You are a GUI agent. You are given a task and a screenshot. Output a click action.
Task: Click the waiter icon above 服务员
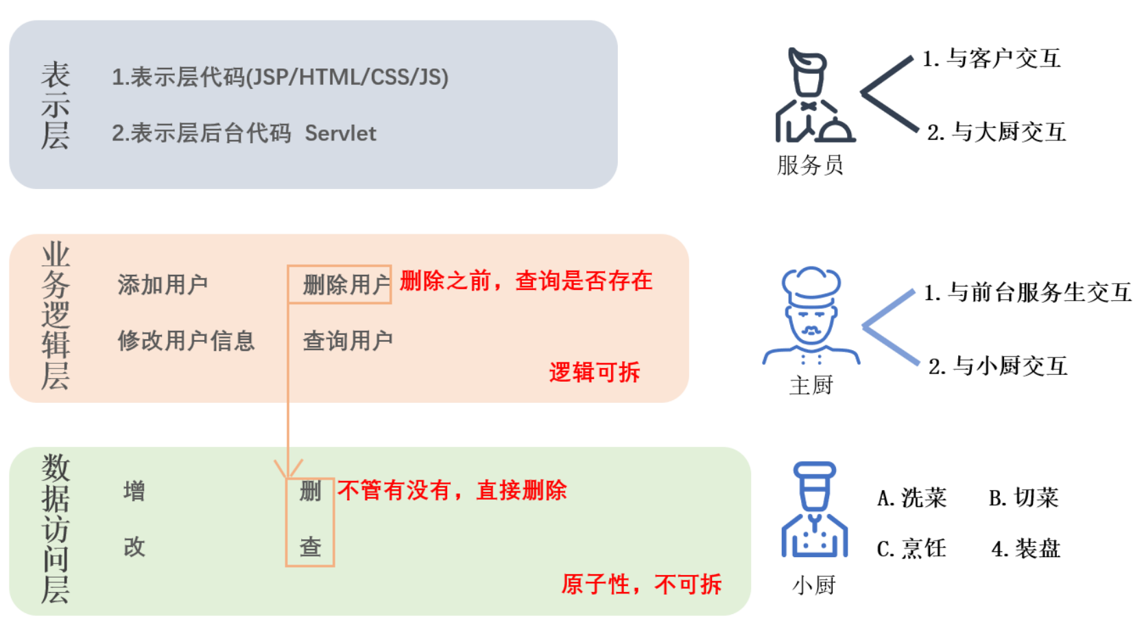point(814,95)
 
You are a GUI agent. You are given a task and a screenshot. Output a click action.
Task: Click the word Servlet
point(340,133)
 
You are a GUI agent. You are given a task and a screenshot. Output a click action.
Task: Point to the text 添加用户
point(163,284)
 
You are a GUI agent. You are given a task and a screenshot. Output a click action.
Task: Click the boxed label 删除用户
point(346,284)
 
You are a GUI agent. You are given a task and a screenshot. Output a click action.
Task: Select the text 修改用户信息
point(186,341)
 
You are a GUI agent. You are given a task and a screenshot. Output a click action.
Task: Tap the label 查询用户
point(348,341)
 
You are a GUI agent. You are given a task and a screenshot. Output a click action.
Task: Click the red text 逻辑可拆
point(594,372)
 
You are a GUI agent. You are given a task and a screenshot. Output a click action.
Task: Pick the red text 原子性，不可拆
point(641,584)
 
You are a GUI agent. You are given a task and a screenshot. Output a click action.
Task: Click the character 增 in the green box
point(134,491)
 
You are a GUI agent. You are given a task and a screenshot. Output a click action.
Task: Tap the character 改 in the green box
point(134,547)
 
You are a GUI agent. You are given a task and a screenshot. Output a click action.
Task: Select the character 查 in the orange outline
point(310,547)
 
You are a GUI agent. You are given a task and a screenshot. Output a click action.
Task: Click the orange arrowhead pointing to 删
point(289,469)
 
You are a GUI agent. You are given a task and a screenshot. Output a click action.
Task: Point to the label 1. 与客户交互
point(992,58)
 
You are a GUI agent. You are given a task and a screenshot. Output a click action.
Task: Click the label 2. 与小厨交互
point(998,366)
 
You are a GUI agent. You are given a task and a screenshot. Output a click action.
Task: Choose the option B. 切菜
point(1023,498)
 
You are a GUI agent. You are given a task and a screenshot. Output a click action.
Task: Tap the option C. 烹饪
point(911,548)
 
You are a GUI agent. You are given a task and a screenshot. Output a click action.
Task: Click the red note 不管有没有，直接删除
point(452,491)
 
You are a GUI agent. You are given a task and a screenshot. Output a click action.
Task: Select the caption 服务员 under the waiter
point(810,165)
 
